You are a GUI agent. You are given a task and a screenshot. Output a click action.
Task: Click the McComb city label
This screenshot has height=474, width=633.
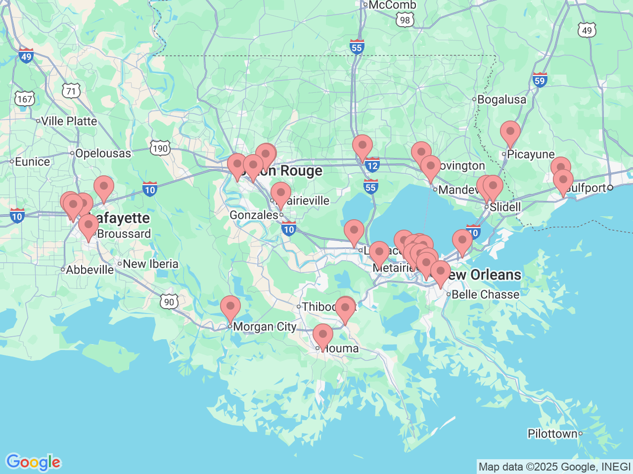[392, 5]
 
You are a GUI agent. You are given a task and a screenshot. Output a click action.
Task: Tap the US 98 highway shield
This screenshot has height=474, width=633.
[405, 20]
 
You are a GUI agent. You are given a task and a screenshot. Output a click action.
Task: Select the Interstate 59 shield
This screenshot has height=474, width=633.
[540, 80]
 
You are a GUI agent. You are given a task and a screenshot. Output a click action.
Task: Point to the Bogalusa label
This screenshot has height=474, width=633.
[501, 100]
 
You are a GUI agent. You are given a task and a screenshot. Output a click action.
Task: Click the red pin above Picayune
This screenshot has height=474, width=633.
[510, 132]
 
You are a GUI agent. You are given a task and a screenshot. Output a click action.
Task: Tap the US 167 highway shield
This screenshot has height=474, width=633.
[24, 99]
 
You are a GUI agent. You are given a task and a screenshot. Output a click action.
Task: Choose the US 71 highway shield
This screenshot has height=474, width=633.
[71, 91]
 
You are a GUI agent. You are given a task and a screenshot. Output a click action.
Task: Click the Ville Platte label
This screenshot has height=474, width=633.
[69, 121]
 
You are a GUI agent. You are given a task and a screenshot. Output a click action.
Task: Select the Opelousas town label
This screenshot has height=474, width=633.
[103, 154]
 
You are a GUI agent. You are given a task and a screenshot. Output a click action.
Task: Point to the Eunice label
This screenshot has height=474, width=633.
[32, 162]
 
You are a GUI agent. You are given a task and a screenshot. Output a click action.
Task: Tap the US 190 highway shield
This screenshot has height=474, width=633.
[160, 148]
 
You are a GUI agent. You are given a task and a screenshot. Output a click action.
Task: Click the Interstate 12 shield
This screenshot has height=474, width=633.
[372, 166]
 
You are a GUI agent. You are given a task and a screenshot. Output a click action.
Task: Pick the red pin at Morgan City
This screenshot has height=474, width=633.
[230, 308]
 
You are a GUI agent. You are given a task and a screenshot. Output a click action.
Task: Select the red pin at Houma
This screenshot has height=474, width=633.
[322, 336]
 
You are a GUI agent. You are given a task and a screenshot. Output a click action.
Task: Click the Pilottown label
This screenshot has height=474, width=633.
[552, 434]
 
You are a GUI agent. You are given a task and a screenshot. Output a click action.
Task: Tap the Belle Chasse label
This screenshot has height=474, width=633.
[485, 295]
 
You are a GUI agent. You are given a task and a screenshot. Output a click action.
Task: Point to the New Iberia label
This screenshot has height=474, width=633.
[150, 264]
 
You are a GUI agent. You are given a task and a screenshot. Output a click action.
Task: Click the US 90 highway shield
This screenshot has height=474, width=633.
[169, 302]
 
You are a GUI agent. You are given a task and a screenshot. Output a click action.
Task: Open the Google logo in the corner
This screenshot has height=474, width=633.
[33, 463]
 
